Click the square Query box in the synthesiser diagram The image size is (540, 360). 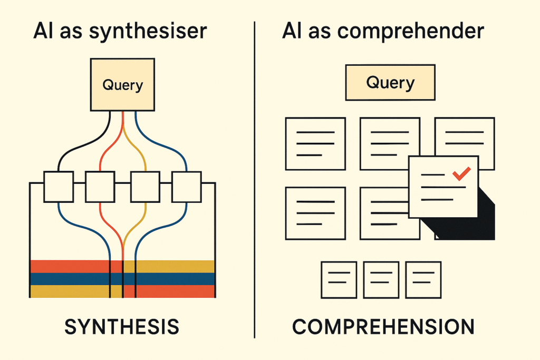(x=122, y=84)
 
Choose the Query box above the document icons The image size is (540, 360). (x=390, y=83)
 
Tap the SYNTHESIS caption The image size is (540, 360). (x=122, y=327)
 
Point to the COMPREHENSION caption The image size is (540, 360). (x=383, y=327)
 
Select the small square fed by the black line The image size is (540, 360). (x=58, y=187)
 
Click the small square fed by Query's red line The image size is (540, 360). (x=100, y=187)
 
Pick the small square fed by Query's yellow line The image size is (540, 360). (x=145, y=187)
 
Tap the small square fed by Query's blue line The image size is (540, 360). (x=187, y=187)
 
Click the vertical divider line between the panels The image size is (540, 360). (x=255, y=179)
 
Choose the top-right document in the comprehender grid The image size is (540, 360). (x=464, y=140)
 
